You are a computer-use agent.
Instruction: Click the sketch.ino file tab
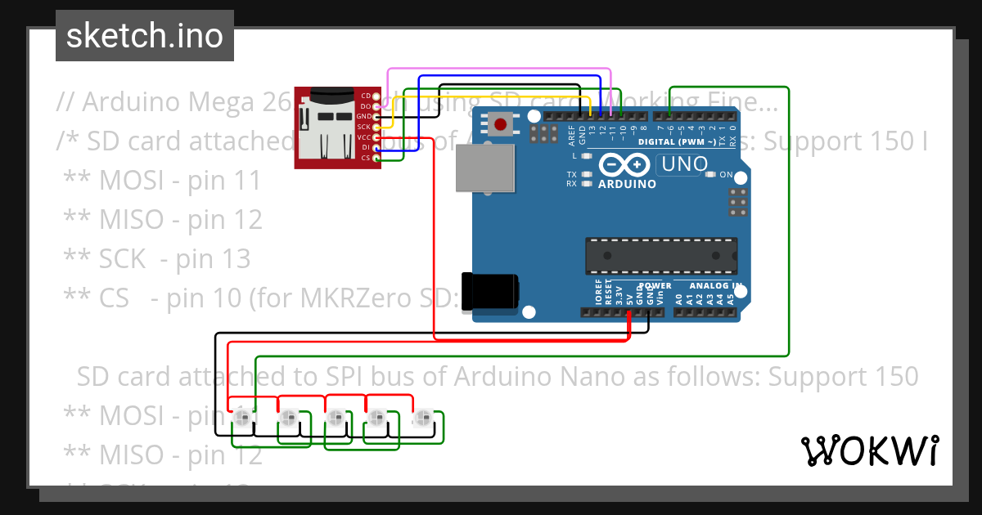pyautogui.click(x=145, y=36)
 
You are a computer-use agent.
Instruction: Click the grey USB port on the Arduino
pyautogui.click(x=486, y=169)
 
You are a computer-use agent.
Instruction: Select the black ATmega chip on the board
pyautogui.click(x=660, y=255)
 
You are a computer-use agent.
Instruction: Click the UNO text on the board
pyautogui.click(x=685, y=164)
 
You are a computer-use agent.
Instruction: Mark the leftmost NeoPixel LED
pyautogui.click(x=241, y=419)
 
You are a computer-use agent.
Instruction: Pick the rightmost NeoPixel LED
pyautogui.click(x=423, y=419)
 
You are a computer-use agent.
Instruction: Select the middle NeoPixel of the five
pyautogui.click(x=333, y=419)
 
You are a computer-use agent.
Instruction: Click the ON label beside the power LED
pyautogui.click(x=726, y=174)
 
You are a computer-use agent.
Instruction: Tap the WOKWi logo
pyautogui.click(x=869, y=450)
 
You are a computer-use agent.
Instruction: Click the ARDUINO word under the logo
pyautogui.click(x=627, y=184)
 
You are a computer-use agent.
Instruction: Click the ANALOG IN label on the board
pyautogui.click(x=714, y=286)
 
